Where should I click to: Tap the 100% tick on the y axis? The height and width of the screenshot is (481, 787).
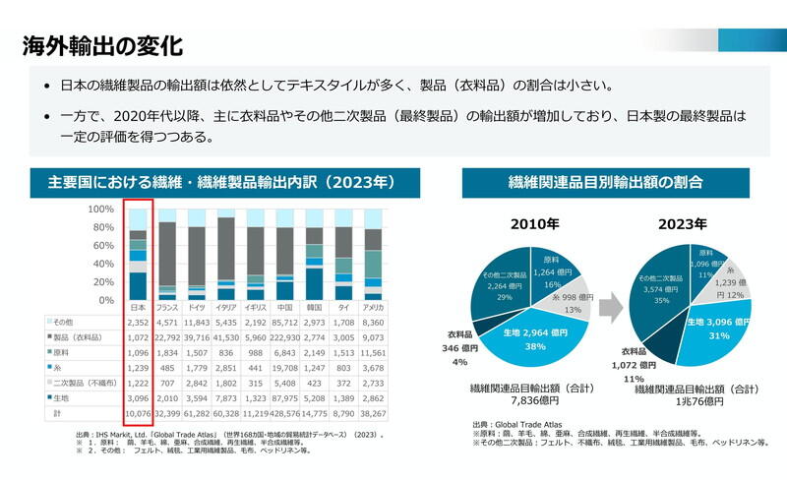tap(101, 210)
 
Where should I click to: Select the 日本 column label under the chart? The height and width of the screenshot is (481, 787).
tap(138, 308)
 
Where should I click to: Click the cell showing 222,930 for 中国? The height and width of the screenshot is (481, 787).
tap(284, 337)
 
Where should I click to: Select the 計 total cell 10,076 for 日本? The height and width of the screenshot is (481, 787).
tap(138, 415)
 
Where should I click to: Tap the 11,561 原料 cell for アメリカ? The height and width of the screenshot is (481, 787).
tap(373, 353)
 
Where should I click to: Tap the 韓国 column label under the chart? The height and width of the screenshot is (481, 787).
tap(314, 308)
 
